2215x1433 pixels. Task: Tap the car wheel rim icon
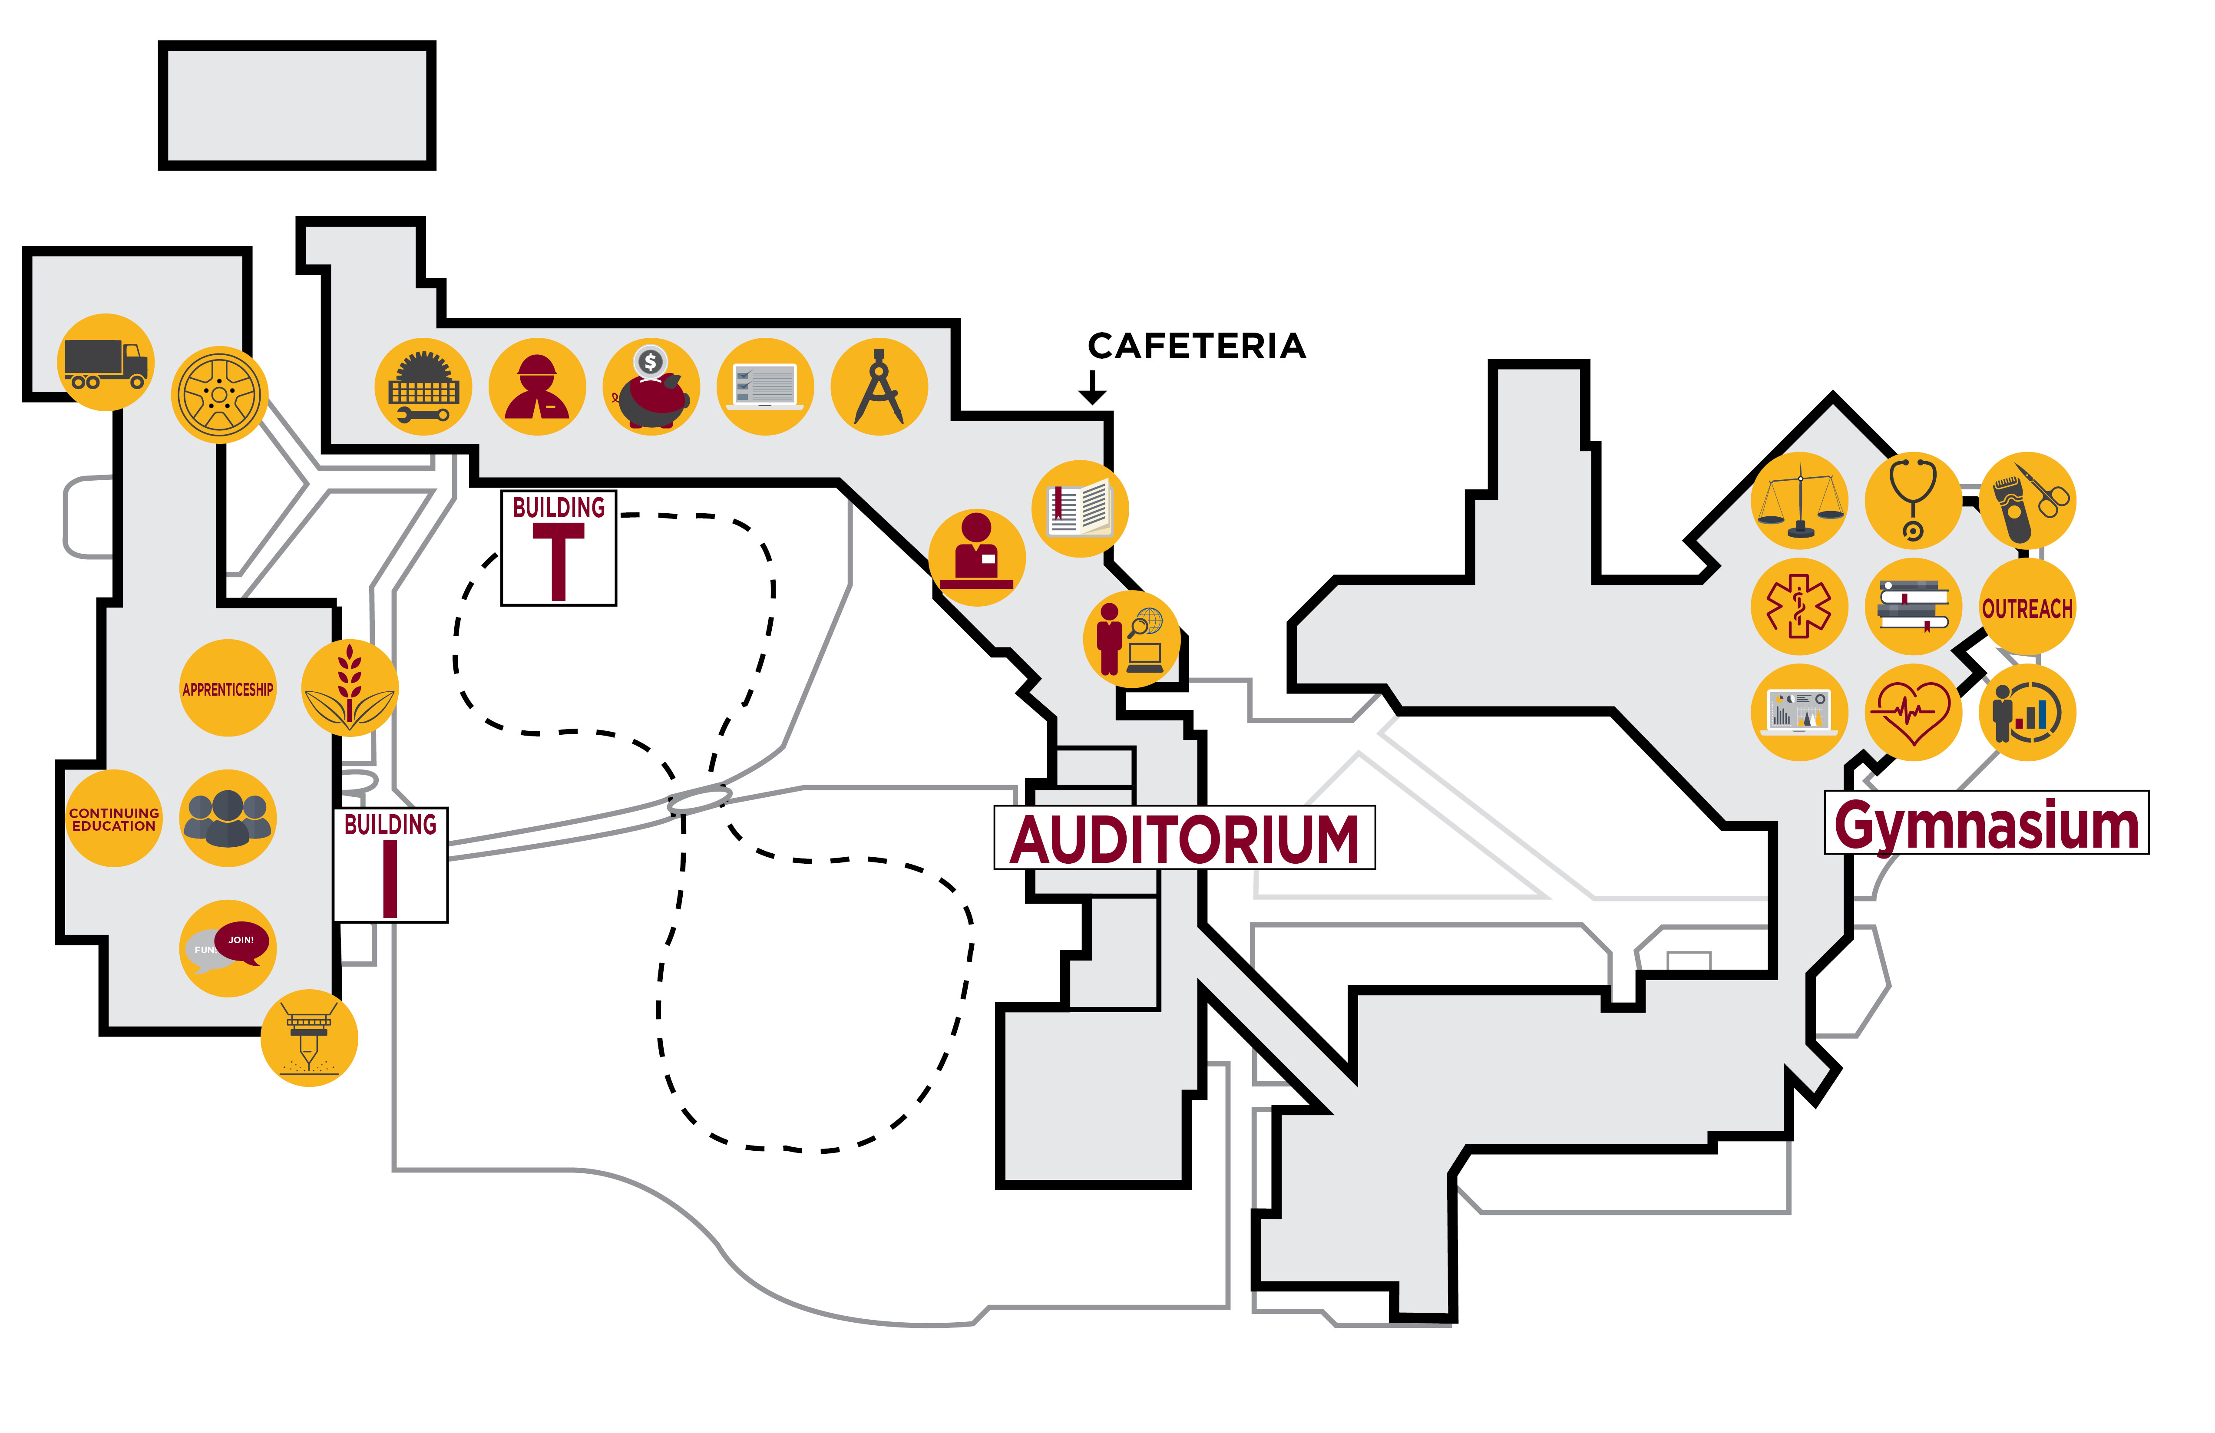(220, 395)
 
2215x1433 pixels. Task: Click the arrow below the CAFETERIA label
(1093, 387)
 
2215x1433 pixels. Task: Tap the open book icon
(1080, 509)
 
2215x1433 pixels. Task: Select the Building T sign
(559, 548)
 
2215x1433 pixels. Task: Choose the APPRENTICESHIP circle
(228, 689)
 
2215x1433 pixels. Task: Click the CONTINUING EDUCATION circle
(113, 819)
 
